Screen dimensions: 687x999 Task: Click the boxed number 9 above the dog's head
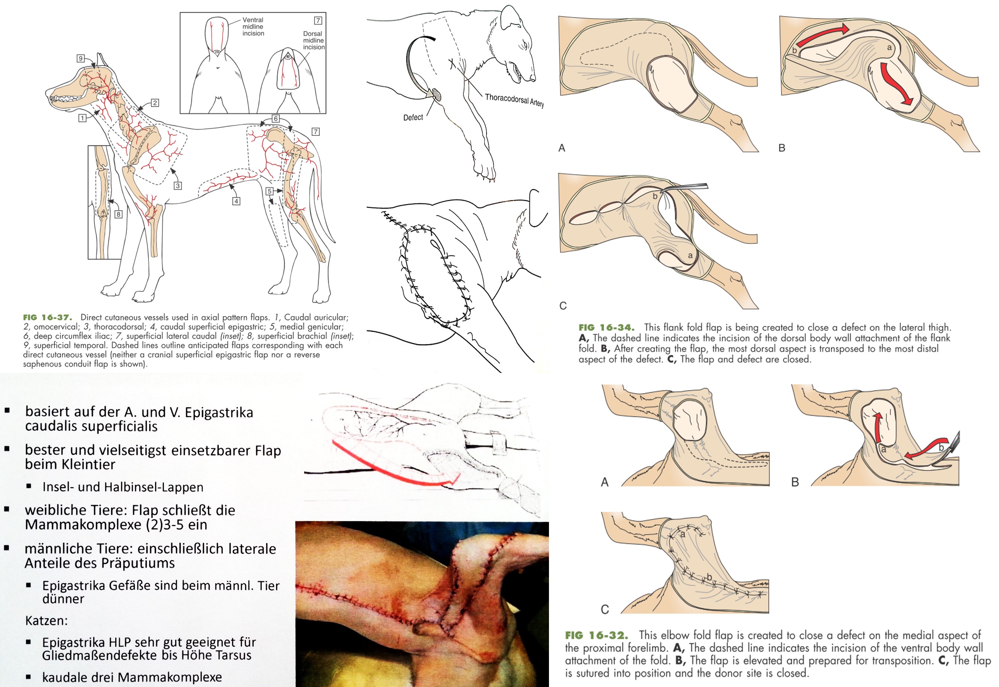point(80,58)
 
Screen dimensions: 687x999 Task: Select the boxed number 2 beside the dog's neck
point(155,103)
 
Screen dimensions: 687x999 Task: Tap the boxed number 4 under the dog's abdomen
point(236,201)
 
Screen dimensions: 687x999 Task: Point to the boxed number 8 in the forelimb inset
point(118,214)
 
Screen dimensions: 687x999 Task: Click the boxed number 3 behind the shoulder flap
point(178,186)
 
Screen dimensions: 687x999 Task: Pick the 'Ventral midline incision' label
point(253,27)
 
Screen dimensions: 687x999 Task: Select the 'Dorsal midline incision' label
point(313,41)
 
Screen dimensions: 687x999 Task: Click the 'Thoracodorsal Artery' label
point(514,100)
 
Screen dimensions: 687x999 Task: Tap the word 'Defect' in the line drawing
point(413,118)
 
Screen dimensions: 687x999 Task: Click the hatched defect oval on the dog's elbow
point(436,94)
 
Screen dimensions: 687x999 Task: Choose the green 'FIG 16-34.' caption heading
point(606,327)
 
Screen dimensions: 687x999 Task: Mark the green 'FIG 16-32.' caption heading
point(596,635)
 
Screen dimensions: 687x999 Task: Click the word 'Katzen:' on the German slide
point(46,621)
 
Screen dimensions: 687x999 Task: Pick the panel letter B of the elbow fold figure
point(795,482)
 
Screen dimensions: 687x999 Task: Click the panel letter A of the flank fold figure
point(562,148)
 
